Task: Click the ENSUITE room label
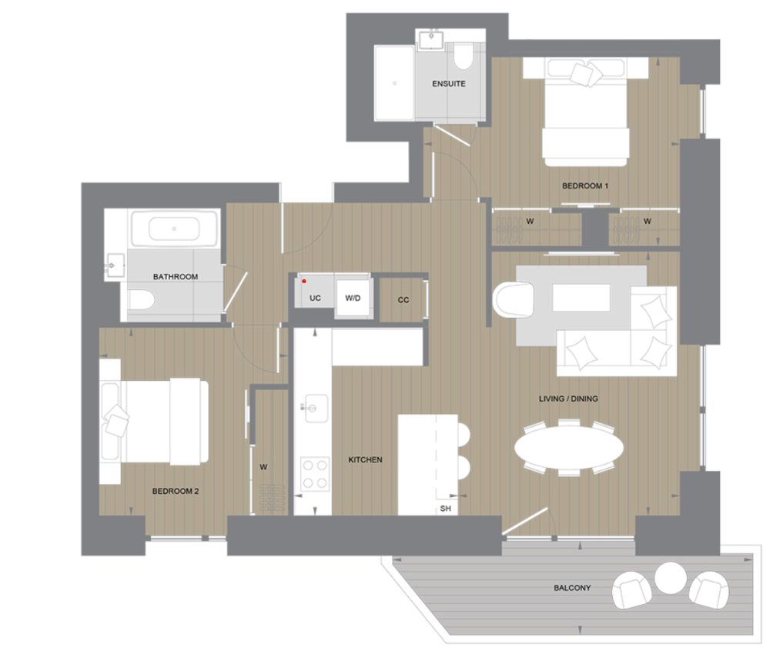[x=448, y=84]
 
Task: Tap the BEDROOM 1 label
[x=585, y=186]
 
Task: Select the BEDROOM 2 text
[x=176, y=491]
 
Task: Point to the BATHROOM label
[x=175, y=276]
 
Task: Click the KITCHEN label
[x=365, y=459]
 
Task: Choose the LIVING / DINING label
[x=568, y=399]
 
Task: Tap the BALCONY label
[x=572, y=588]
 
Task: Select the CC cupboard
[x=403, y=299]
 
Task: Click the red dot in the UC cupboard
[x=304, y=282]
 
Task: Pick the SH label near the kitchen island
[x=445, y=509]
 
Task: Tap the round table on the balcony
[x=671, y=577]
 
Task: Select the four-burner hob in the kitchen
[x=314, y=473]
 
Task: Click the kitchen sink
[x=314, y=407]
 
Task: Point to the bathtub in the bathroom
[x=174, y=229]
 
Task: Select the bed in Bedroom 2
[x=158, y=421]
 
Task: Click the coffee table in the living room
[x=581, y=298]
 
